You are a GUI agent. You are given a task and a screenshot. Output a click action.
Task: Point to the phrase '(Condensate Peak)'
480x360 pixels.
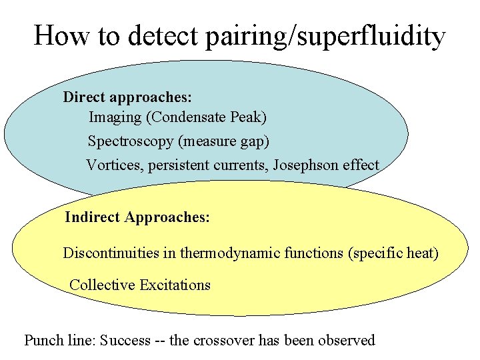coord(207,118)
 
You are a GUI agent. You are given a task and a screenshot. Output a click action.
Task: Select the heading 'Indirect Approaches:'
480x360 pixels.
coord(137,217)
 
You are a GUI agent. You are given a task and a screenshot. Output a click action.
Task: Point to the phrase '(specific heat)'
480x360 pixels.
coord(393,253)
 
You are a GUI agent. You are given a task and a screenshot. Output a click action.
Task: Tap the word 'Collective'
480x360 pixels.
coord(102,285)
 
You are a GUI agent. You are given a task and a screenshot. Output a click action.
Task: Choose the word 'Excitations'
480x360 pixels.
coord(175,285)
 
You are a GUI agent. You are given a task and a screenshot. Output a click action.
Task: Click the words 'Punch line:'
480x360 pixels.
coord(60,341)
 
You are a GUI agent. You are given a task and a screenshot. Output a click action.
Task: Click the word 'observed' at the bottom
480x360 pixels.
coord(347,341)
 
